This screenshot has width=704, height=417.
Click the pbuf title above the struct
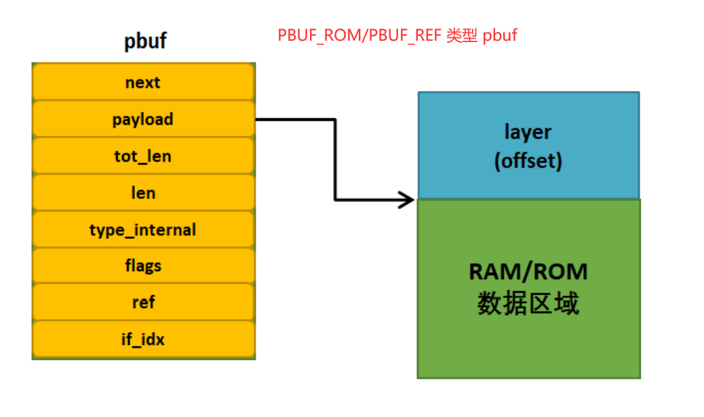[145, 41]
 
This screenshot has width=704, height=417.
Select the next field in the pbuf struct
[143, 82]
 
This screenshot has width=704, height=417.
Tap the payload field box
[143, 120]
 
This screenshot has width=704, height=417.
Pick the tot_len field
[143, 156]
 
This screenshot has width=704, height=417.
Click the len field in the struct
[143, 193]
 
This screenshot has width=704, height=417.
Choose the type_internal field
[143, 230]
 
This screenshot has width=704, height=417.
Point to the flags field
[143, 266]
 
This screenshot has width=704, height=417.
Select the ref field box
[143, 302]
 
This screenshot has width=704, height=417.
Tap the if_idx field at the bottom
[143, 338]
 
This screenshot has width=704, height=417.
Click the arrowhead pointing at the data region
[408, 200]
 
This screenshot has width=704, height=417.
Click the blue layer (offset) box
[528, 145]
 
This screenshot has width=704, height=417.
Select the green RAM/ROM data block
[528, 288]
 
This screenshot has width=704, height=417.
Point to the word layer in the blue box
[528, 132]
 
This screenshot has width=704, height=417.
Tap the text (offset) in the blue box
[528, 162]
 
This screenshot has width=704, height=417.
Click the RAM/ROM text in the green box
[528, 272]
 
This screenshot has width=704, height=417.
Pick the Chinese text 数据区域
[528, 304]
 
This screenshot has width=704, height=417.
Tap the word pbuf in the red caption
[500, 35]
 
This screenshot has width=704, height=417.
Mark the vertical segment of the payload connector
[335, 160]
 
